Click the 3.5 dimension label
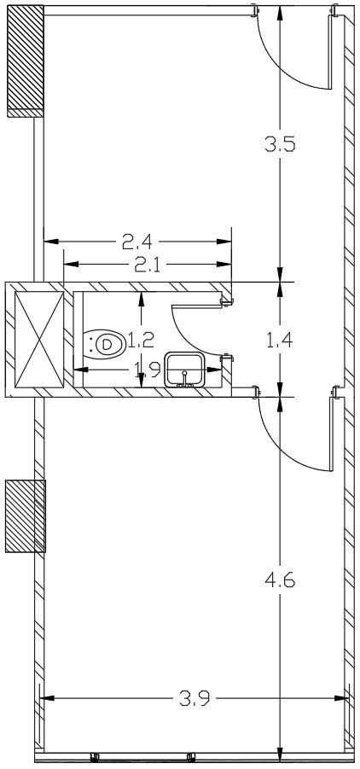point(280,145)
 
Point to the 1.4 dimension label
point(280,340)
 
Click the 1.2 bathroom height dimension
point(142,339)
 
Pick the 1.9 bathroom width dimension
point(147,370)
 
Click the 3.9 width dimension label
point(195,698)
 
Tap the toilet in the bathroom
point(103,343)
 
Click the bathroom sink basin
point(184,370)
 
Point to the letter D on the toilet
point(106,343)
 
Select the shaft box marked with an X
point(40,340)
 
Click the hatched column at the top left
point(26,61)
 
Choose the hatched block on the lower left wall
point(26,516)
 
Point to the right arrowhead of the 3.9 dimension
point(342,698)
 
